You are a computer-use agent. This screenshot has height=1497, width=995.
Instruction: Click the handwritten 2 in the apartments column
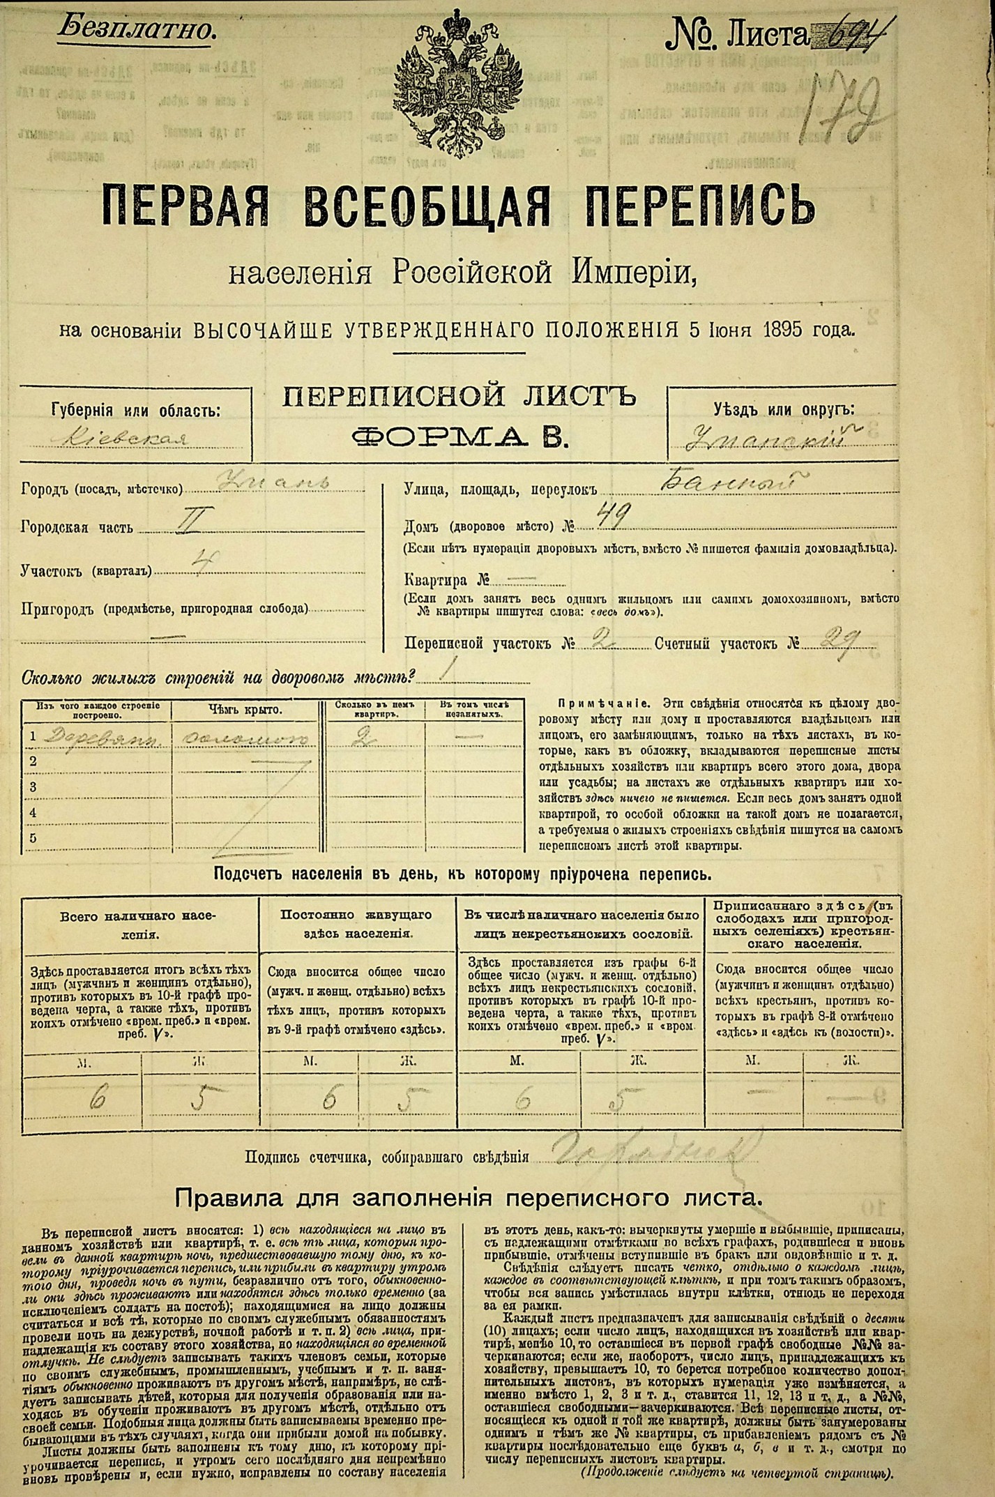362,737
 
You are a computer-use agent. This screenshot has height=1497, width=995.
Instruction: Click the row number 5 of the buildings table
33,837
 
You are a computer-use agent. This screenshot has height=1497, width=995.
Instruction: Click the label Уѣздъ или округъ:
783,411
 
